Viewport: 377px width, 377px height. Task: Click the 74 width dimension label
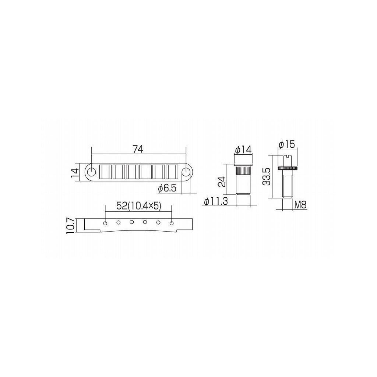tap(138, 149)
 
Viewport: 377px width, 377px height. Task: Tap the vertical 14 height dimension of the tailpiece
tap(74, 172)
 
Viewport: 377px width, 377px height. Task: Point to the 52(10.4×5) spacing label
tap(139, 206)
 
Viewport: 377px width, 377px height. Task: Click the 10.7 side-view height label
tap(71, 225)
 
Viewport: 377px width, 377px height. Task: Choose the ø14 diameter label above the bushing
tap(243, 150)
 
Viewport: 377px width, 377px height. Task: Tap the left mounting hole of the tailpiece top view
tap(91, 172)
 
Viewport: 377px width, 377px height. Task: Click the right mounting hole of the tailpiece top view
tap(187, 172)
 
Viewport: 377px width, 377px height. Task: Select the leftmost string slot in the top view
tap(105, 172)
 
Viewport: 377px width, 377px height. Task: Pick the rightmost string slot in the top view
tap(172, 172)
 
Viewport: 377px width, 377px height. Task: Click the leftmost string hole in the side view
tap(106, 222)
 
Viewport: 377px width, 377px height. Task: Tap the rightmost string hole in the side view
tap(172, 222)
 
